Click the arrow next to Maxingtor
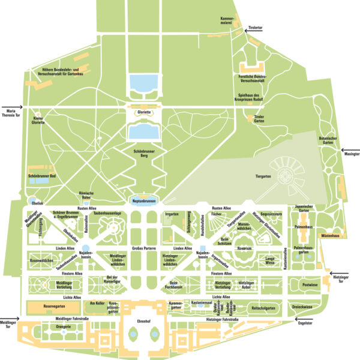(x=350, y=151)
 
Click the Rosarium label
(x=244, y=248)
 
